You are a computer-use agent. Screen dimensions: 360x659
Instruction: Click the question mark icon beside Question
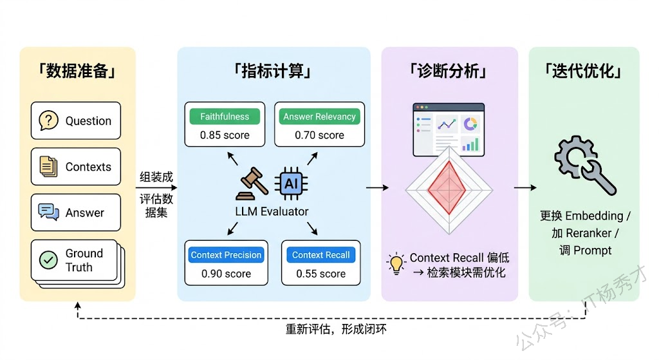pos(49,120)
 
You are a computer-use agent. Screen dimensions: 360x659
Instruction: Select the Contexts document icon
pos(49,167)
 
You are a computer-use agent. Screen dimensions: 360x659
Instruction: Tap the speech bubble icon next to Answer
pos(49,213)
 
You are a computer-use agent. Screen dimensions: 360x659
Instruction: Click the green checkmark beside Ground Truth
pos(48,260)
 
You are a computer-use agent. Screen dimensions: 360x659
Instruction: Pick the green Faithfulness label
pos(224,117)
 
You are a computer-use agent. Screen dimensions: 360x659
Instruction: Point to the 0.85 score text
pos(224,135)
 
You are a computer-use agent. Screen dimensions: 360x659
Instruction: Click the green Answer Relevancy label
pos(319,117)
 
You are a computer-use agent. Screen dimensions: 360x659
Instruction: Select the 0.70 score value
pos(319,135)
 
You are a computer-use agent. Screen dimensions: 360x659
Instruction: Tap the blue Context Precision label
pos(226,255)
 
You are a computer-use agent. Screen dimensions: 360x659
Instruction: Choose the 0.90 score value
pos(226,274)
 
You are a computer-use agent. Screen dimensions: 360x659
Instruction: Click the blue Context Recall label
pos(320,255)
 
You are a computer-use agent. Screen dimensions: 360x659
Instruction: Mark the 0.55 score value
pos(320,274)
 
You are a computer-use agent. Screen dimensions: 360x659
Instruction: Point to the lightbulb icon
pos(395,263)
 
